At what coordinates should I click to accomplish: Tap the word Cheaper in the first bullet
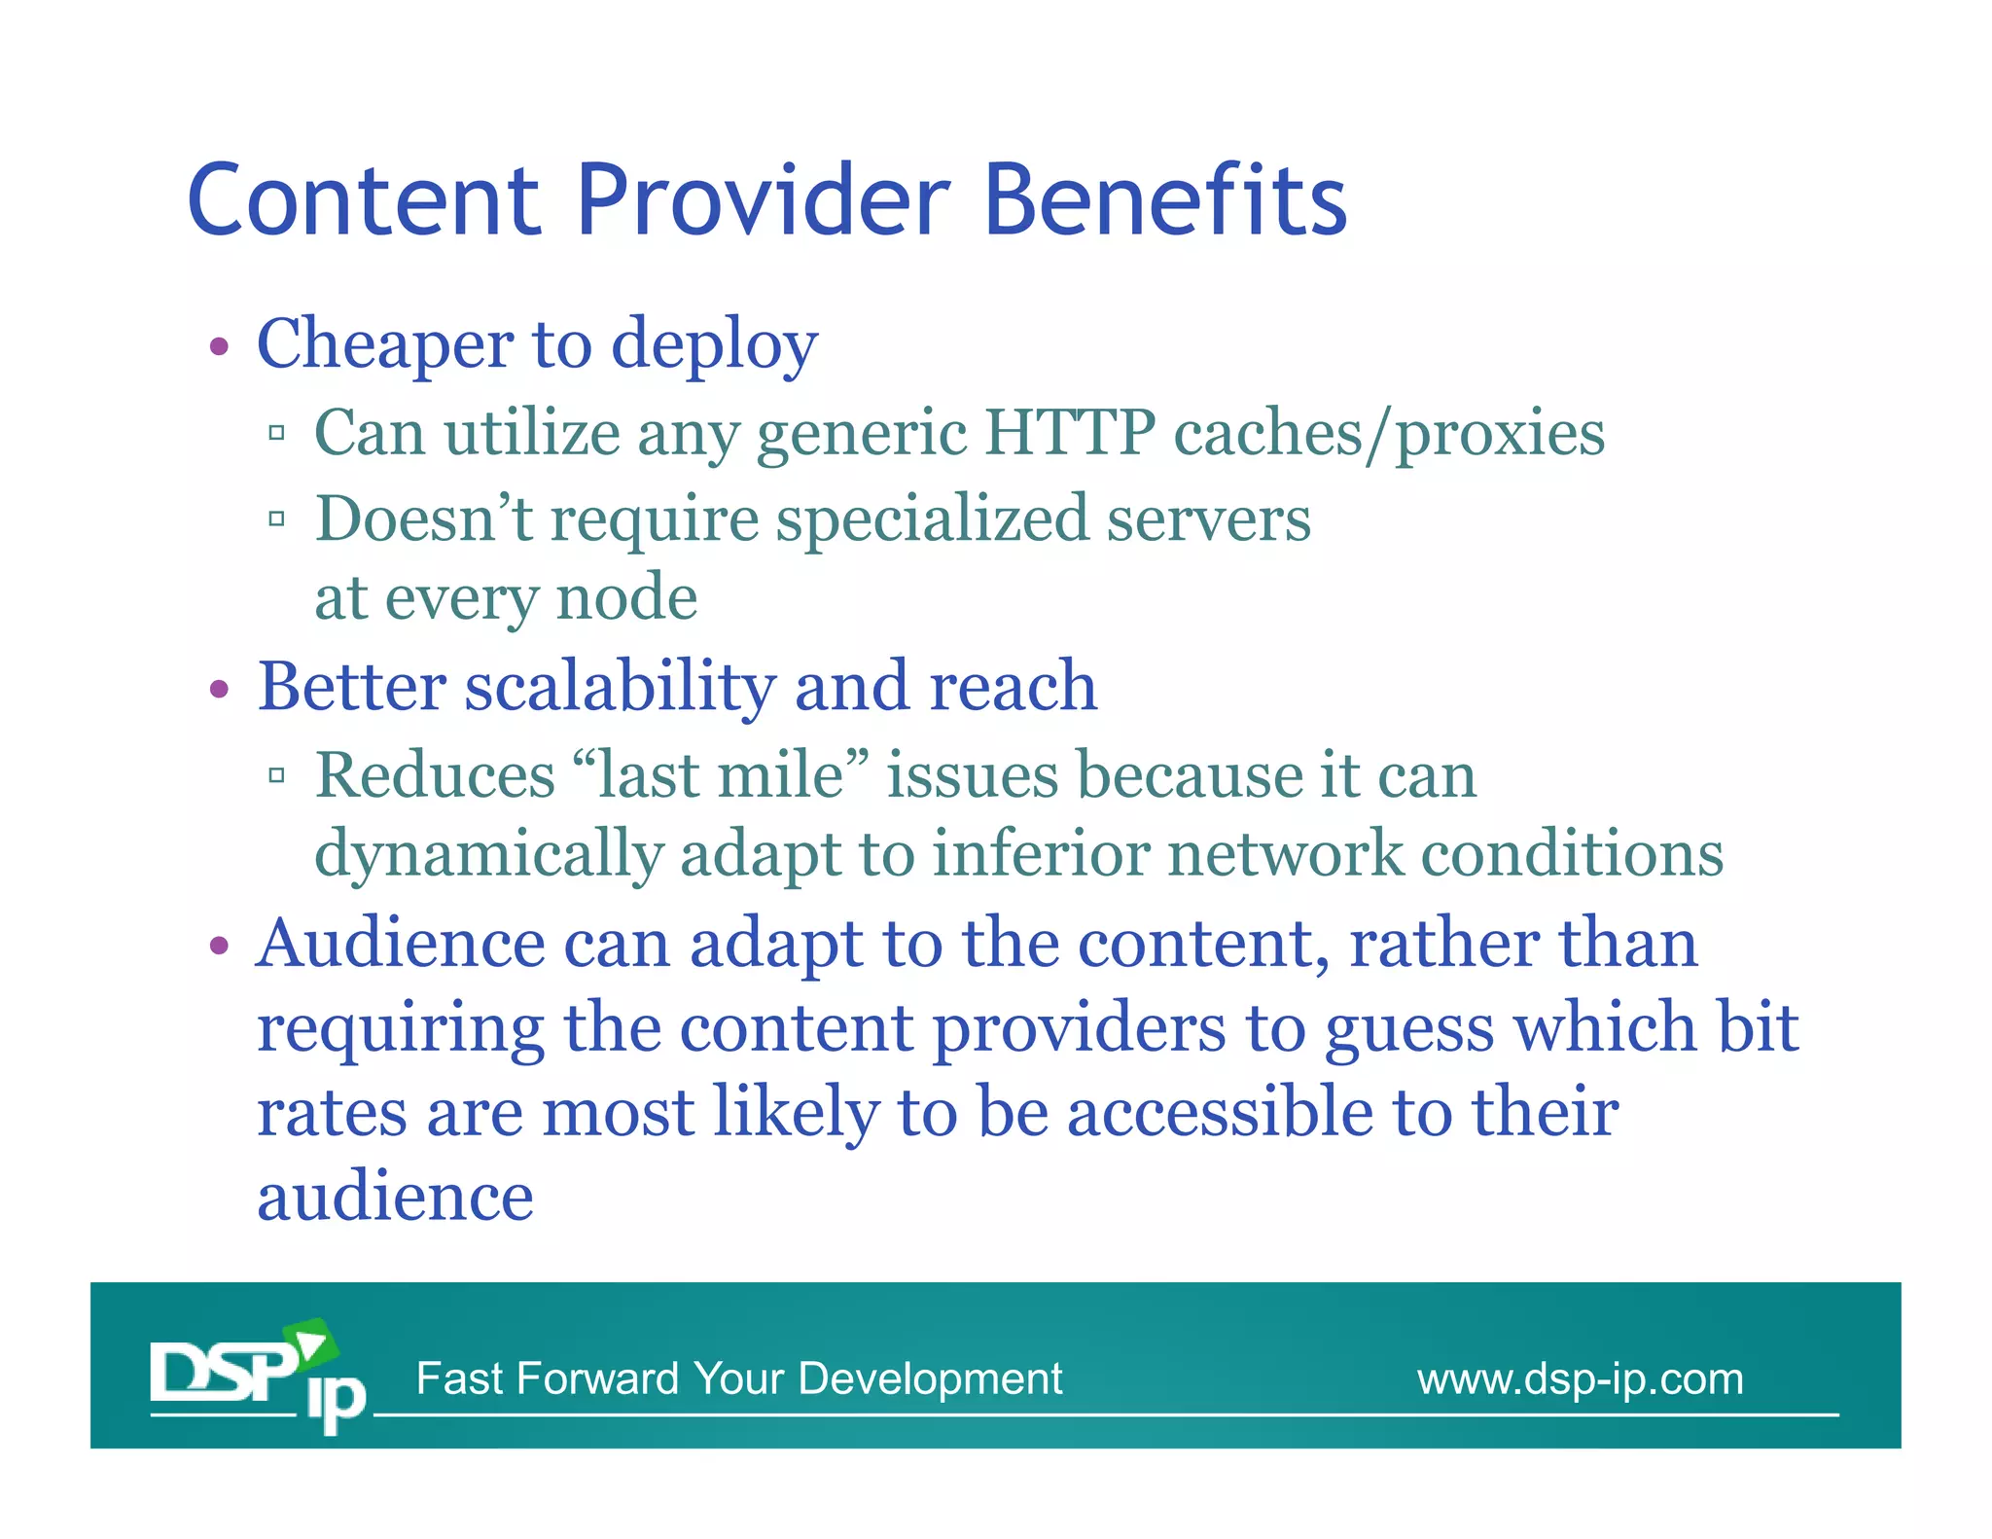point(385,344)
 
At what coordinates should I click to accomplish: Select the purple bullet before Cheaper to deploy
point(219,346)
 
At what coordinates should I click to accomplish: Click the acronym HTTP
point(1070,432)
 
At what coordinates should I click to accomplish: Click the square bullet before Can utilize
point(277,433)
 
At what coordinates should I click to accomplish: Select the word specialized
point(932,519)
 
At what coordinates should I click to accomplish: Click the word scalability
point(620,687)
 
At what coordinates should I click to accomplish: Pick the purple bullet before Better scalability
point(219,690)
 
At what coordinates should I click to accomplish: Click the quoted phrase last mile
point(720,775)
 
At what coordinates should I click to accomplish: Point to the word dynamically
point(488,855)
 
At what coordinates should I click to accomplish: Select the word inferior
point(1041,853)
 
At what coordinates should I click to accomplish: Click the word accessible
point(1221,1112)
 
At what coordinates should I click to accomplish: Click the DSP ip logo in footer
point(258,1376)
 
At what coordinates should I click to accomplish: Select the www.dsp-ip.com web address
point(1580,1378)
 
